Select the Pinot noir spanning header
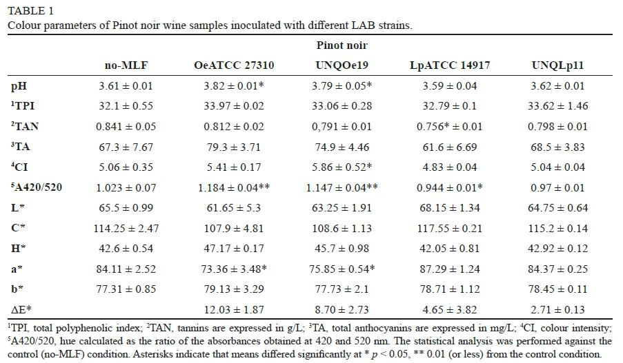(x=342, y=45)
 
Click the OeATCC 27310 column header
(x=233, y=65)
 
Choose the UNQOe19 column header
(x=342, y=65)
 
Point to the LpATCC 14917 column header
(x=451, y=65)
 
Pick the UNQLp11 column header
(x=557, y=65)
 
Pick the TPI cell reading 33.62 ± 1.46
(x=557, y=106)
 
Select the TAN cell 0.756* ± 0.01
(x=451, y=127)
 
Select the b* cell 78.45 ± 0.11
(x=557, y=290)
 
